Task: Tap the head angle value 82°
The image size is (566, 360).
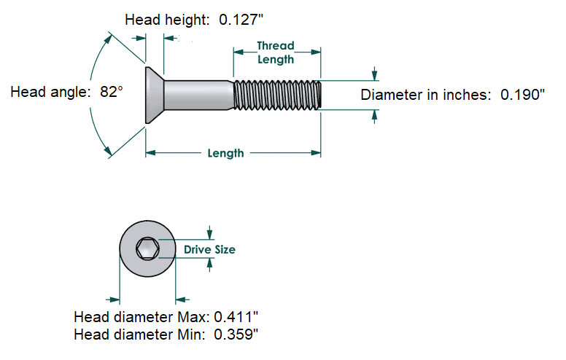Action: pos(112,93)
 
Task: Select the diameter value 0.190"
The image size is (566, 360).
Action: pos(522,95)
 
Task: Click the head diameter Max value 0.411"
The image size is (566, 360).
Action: pos(236,318)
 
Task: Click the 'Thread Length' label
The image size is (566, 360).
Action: pos(276,52)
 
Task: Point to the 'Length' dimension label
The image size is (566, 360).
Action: pos(225,153)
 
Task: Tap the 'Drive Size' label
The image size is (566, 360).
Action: pos(209,249)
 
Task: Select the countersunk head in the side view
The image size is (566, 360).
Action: pos(155,95)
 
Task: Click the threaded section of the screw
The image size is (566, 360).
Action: pos(277,95)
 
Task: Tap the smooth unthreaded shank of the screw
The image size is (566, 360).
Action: pos(198,95)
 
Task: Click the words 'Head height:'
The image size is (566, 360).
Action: pos(169,20)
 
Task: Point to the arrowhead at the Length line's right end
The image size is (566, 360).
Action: pos(317,153)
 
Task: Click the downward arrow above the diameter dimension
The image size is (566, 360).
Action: pos(375,74)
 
